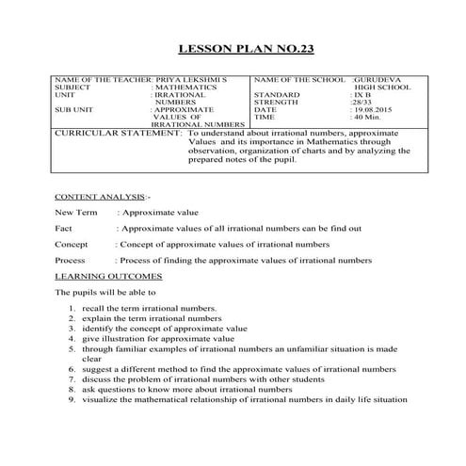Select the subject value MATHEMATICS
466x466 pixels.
click(x=185, y=87)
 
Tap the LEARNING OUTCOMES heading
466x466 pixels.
click(x=108, y=276)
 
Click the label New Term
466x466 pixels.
click(x=76, y=213)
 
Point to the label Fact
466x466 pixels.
click(x=64, y=228)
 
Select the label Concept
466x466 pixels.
click(x=72, y=244)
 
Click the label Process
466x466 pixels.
click(x=71, y=260)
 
